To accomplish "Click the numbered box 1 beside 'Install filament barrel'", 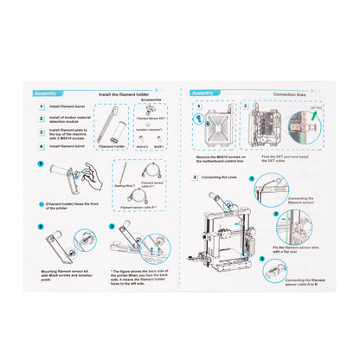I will click(x=40, y=107).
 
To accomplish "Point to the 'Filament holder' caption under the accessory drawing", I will click(x=110, y=146).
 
